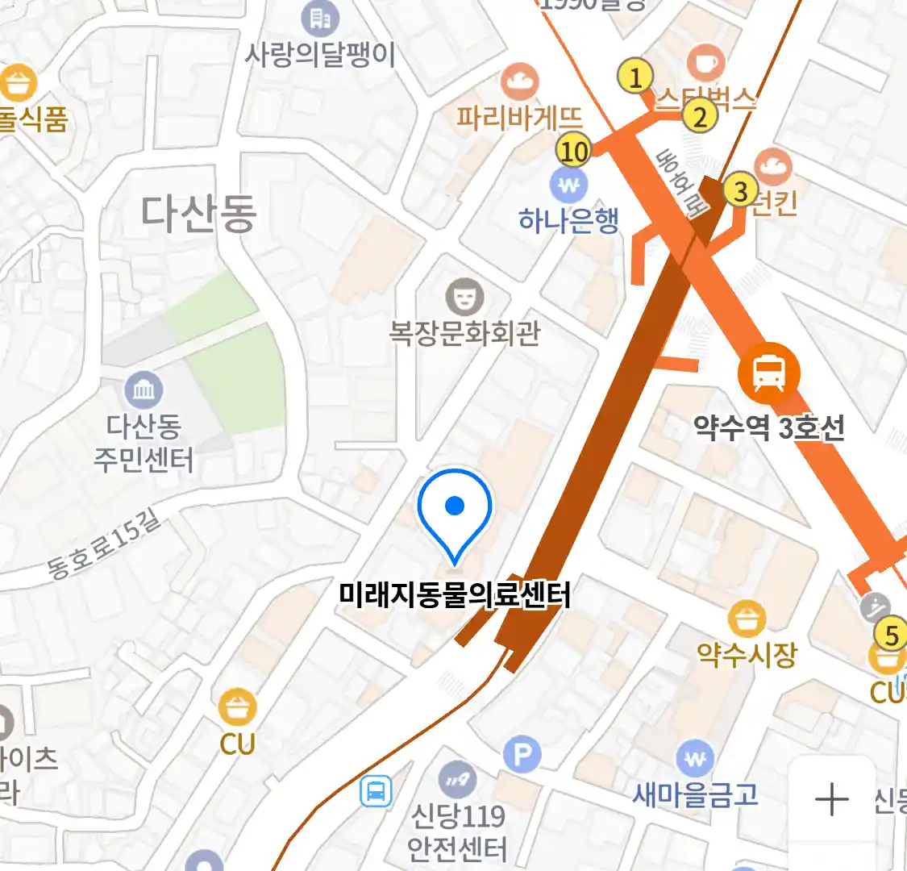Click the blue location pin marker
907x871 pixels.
455,508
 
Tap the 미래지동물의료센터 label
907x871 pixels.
455,595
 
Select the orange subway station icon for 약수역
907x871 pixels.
769,373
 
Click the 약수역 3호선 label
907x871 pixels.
769,427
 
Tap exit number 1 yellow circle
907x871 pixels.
635,77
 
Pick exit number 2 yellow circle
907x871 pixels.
700,117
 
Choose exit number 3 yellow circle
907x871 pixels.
740,191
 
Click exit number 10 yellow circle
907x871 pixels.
573,151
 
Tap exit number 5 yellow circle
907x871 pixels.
891,635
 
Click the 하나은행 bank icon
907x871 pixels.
569,186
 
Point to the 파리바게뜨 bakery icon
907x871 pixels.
519,81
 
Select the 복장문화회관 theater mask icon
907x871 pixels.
464,297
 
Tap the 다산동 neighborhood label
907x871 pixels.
198,214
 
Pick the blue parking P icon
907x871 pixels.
522,756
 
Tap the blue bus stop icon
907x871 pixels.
375,791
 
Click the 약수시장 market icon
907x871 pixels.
747,619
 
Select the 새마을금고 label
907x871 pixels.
695,795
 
